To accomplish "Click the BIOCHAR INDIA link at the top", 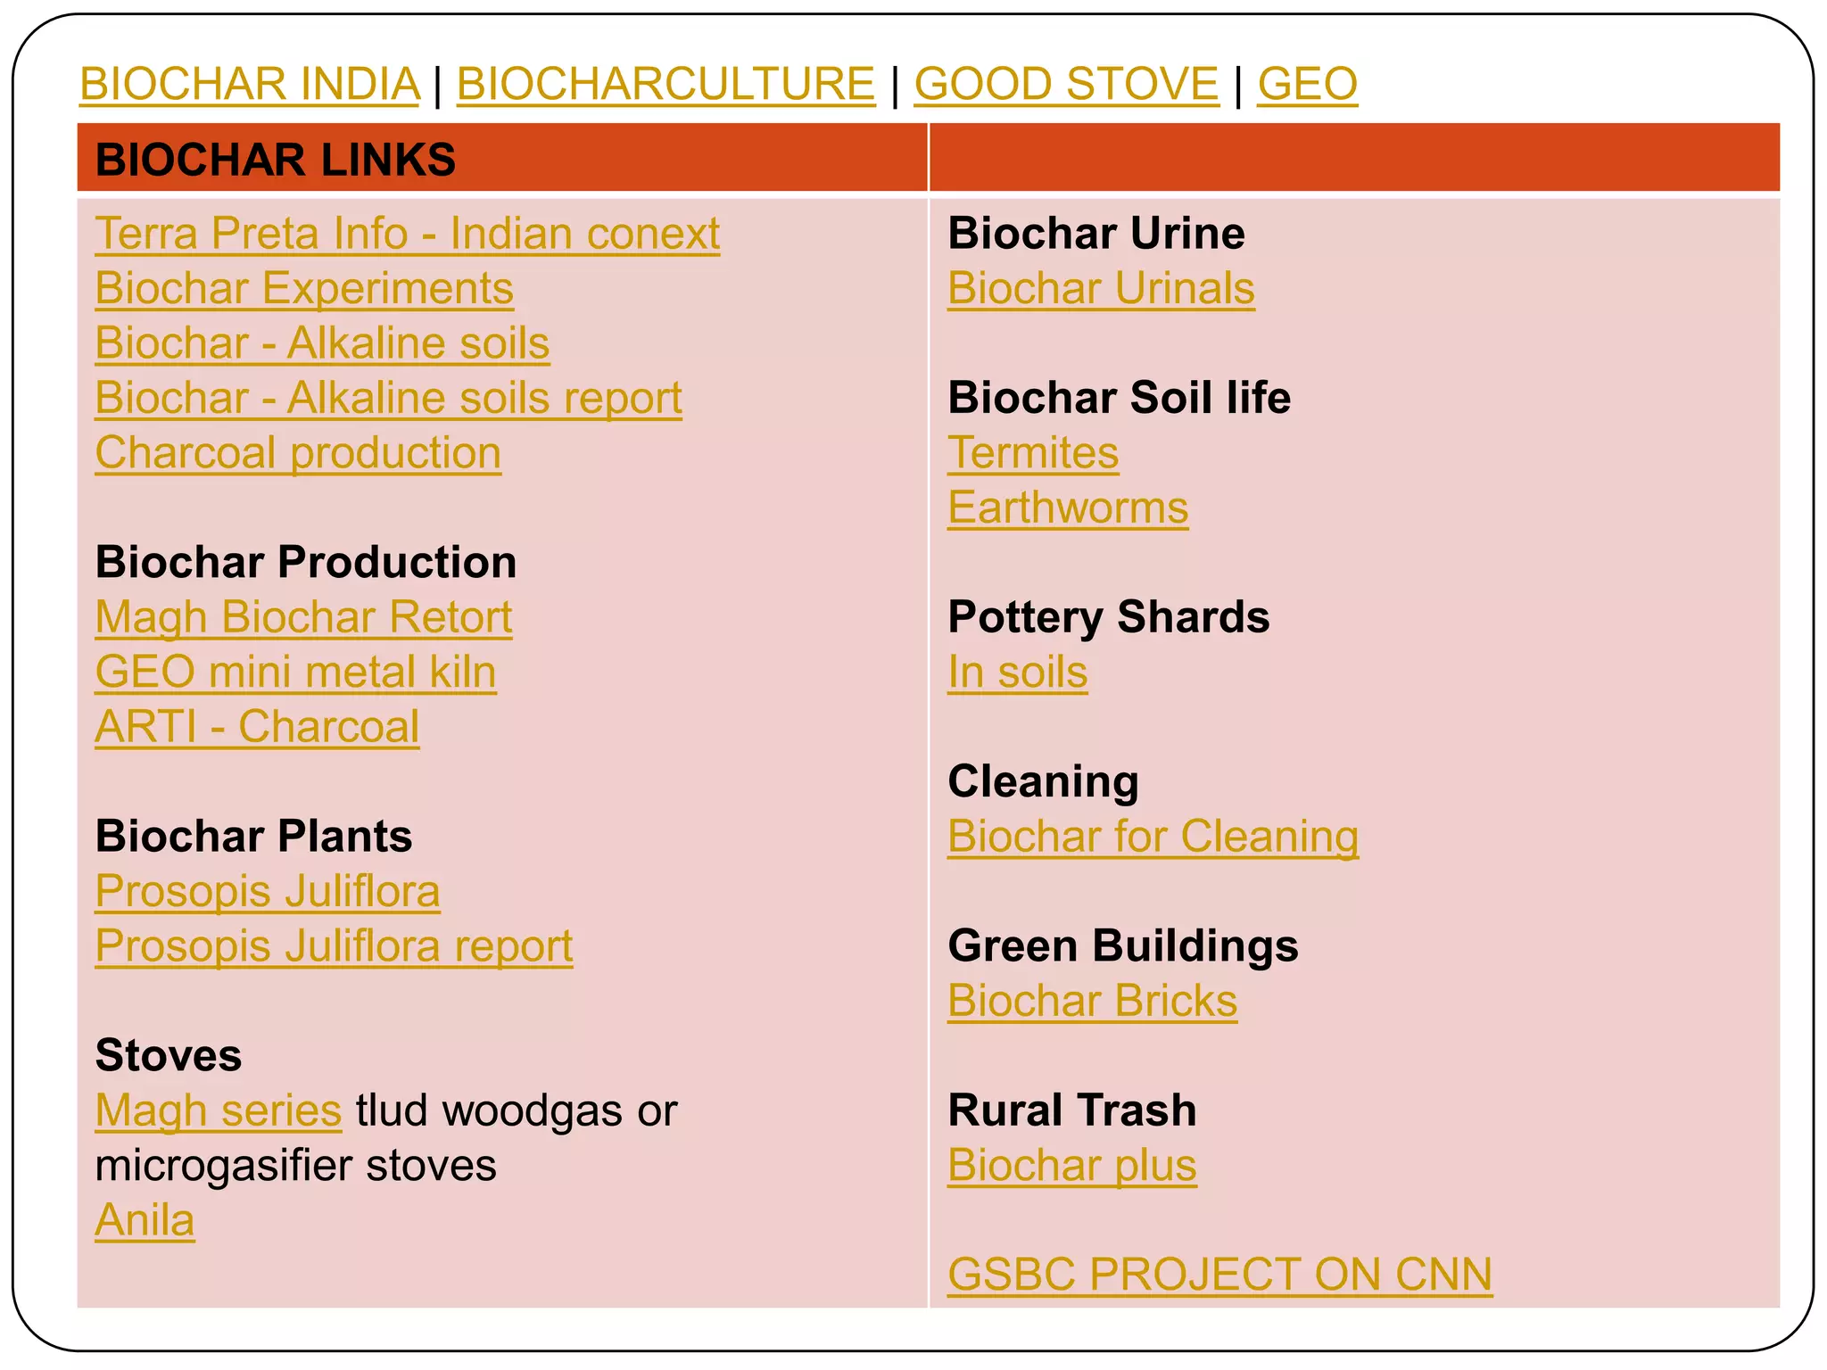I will click(250, 84).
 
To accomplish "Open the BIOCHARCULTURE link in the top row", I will click(665, 84).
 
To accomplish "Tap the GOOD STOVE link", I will click(1066, 84).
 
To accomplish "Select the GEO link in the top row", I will click(1307, 84).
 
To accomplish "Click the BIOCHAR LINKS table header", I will click(276, 160).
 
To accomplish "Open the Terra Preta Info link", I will click(407, 234).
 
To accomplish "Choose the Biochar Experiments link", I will click(304, 289).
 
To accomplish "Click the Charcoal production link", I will click(298, 453).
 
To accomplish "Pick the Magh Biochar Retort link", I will click(303, 617).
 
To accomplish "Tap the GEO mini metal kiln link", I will click(295, 673).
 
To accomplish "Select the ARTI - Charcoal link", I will click(257, 727).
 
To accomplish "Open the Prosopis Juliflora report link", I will click(334, 946).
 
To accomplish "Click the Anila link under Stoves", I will click(145, 1220).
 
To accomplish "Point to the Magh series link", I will click(219, 1110).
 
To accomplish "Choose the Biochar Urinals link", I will click(1101, 289).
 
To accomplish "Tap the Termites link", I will click(1033, 453).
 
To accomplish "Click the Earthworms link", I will click(1068, 508).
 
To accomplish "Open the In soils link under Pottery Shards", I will click(1017, 673).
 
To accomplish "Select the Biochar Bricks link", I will click(1092, 1001).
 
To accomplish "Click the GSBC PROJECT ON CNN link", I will click(1219, 1275).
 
